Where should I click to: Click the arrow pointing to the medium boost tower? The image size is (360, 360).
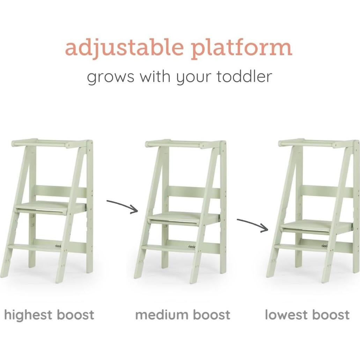(x=122, y=206)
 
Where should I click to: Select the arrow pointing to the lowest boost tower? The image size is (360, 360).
(x=252, y=225)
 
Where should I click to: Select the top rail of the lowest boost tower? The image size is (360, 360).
(x=314, y=143)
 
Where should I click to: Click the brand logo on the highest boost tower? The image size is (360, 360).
(x=58, y=246)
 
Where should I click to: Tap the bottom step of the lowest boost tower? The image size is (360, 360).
(x=304, y=247)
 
